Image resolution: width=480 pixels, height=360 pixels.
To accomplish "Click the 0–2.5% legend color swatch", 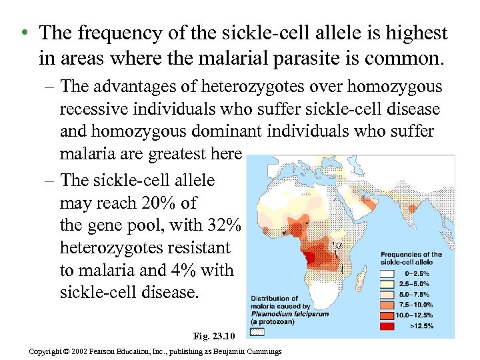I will (389, 273).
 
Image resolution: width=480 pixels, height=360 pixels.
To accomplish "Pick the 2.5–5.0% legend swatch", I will (389, 284).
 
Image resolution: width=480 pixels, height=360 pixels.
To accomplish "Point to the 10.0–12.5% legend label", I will (419, 316).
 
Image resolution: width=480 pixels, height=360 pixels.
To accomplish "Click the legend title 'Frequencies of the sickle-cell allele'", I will (411, 258).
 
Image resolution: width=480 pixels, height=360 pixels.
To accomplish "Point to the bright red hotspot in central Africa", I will (309, 257).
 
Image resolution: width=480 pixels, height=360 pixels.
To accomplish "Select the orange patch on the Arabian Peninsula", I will (365, 199).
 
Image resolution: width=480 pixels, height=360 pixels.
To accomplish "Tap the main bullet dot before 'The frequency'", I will (23, 33).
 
